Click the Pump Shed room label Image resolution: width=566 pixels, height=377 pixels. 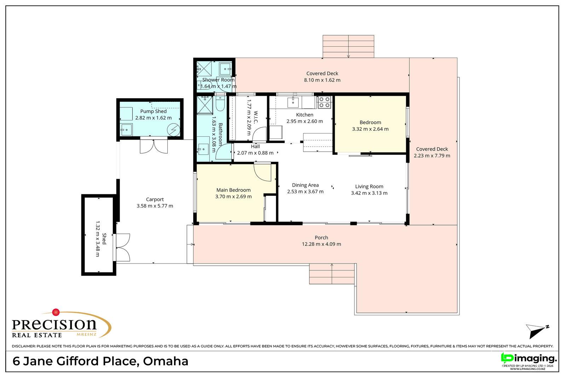(154, 111)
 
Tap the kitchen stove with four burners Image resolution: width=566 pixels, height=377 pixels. (324, 102)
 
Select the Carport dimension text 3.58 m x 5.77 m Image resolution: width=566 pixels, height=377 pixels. (155, 206)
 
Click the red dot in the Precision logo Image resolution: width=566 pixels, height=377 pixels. (56, 312)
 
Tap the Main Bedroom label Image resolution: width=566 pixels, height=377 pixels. (233, 190)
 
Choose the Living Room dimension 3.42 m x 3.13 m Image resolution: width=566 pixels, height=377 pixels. (369, 193)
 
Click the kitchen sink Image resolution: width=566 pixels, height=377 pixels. (293, 102)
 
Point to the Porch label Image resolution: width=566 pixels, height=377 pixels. (322, 237)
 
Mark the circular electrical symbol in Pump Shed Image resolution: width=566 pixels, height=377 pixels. (174, 130)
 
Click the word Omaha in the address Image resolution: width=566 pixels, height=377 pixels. (166, 361)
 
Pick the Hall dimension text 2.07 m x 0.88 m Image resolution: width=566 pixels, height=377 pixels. (255, 153)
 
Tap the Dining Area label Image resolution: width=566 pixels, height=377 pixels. (305, 185)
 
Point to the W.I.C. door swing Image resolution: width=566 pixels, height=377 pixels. (259, 134)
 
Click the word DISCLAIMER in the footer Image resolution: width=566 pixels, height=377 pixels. (23, 346)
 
